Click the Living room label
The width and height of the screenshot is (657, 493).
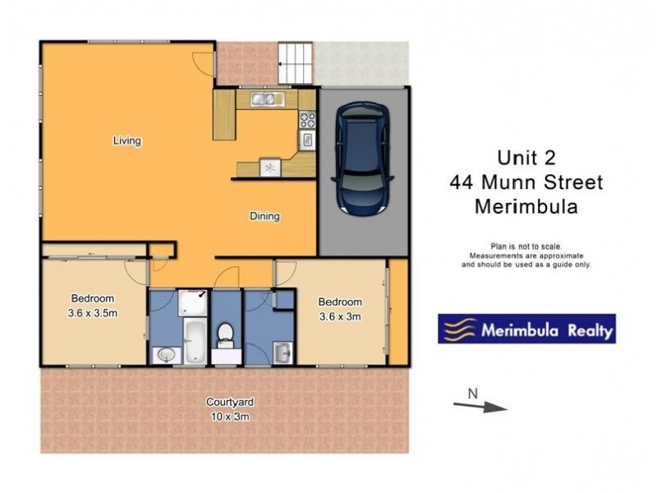127,141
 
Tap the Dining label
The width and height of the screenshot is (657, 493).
265,217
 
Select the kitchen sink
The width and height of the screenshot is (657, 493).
268,99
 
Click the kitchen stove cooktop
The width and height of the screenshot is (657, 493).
307,120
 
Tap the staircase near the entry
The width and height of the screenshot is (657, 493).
295,62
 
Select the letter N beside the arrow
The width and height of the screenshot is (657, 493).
472,393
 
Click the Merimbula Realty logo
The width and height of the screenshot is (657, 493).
526,329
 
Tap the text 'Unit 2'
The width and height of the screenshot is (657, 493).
526,157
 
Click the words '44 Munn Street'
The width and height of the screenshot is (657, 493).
526,182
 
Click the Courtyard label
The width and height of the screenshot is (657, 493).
229,402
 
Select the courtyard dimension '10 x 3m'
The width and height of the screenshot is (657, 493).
229,416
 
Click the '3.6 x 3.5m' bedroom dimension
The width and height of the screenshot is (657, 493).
93,312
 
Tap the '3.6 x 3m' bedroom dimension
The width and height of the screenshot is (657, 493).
340,316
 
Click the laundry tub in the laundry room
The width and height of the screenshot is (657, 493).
282,352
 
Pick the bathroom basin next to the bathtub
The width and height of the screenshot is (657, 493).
164,355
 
